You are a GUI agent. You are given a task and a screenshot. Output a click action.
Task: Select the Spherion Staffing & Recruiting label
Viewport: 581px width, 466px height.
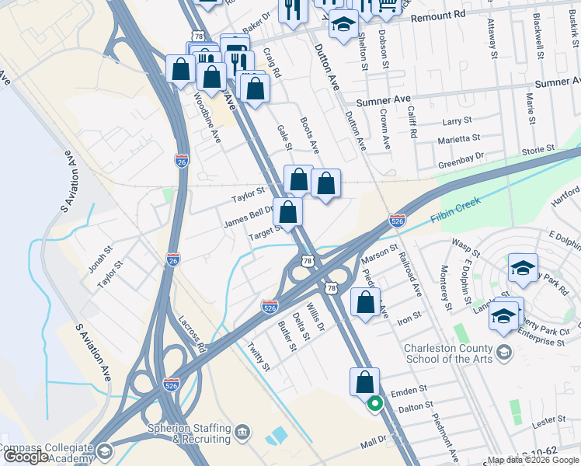tap(190, 433)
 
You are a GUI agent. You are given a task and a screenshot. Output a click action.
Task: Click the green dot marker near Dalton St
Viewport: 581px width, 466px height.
tap(374, 403)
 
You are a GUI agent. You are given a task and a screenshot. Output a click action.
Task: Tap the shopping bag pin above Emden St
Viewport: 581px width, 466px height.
tap(364, 382)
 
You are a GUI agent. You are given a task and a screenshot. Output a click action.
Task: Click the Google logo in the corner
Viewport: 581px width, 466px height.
tap(26, 457)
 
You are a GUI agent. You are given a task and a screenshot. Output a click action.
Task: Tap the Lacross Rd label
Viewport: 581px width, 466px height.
tap(190, 332)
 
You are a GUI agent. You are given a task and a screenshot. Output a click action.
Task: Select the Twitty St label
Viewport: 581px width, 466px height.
tap(258, 356)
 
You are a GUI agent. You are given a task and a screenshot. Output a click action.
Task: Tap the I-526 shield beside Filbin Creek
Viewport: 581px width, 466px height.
tap(397, 221)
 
